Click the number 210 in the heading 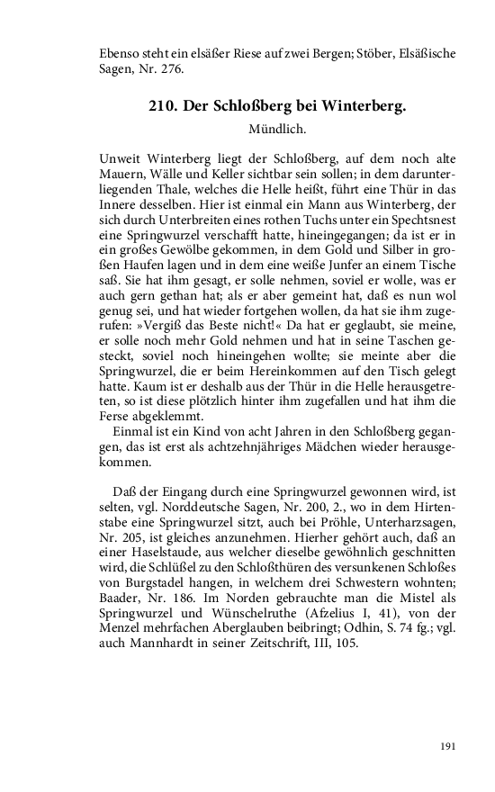tap(162, 106)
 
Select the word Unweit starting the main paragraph tap(121, 158)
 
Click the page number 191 tap(449, 744)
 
